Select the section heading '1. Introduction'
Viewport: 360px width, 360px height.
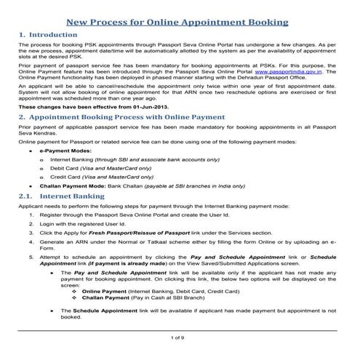(50, 35)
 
